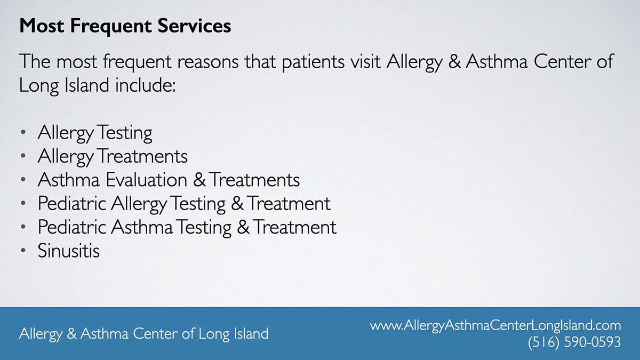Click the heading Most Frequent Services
125,26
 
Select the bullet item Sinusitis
69,251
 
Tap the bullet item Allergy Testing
95,133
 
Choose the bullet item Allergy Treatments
113,157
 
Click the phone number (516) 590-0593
574,342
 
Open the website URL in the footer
495,326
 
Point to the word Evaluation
147,180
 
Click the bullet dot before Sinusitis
23,251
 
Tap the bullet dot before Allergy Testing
23,132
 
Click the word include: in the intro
146,85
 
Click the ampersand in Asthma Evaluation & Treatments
199,180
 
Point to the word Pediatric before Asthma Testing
71,227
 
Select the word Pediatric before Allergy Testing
71,203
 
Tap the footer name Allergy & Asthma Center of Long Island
143,334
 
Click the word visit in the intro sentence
365,61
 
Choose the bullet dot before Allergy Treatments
23,156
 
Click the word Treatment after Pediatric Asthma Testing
295,227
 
